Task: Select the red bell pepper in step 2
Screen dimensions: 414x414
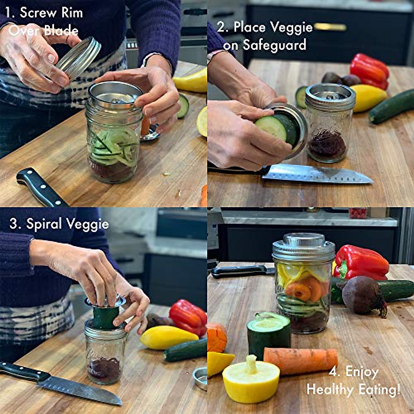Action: [x=369, y=70]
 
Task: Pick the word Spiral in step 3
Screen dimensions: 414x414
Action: [x=45, y=224]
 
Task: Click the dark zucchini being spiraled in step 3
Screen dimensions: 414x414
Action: [x=106, y=317]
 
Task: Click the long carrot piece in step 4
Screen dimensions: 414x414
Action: [x=300, y=361]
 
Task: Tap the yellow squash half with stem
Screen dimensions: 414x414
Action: [x=250, y=379]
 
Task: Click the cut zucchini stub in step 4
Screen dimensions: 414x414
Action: [x=268, y=333]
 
